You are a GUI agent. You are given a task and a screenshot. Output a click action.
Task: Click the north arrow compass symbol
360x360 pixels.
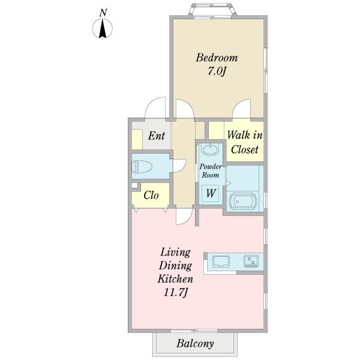coord(103,29)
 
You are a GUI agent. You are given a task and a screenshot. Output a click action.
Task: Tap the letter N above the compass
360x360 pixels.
coord(103,13)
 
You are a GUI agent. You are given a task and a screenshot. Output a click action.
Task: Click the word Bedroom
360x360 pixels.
coord(217,58)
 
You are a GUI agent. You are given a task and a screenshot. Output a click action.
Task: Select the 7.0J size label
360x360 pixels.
coord(217,71)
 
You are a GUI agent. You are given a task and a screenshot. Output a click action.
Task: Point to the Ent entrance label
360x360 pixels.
coord(157,136)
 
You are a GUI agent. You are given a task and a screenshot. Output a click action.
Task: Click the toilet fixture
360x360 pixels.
coord(142,166)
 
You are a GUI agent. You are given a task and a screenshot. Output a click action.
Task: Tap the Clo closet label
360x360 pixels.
coord(151,196)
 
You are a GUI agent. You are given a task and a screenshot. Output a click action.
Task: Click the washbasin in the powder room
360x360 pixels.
coord(209,150)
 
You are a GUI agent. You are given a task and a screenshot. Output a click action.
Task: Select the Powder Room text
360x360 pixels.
coord(211,170)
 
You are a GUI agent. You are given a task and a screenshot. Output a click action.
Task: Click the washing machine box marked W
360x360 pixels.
coord(211,194)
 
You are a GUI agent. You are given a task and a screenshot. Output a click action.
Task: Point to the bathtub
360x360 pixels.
coord(243,202)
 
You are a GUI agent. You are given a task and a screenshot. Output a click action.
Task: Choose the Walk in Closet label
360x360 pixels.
coord(245,142)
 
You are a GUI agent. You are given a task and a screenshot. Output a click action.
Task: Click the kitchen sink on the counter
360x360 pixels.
coord(221,262)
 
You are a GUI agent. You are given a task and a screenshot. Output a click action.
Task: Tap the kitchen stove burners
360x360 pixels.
coord(251,261)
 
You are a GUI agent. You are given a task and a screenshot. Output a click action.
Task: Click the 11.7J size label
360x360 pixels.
coord(176,292)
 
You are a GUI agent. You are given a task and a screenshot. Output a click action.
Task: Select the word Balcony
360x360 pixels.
coord(195,344)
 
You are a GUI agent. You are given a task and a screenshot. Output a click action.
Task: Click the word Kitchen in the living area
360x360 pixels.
coord(175,279)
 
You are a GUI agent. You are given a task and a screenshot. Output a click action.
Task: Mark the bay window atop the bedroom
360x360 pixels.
coord(212,10)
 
